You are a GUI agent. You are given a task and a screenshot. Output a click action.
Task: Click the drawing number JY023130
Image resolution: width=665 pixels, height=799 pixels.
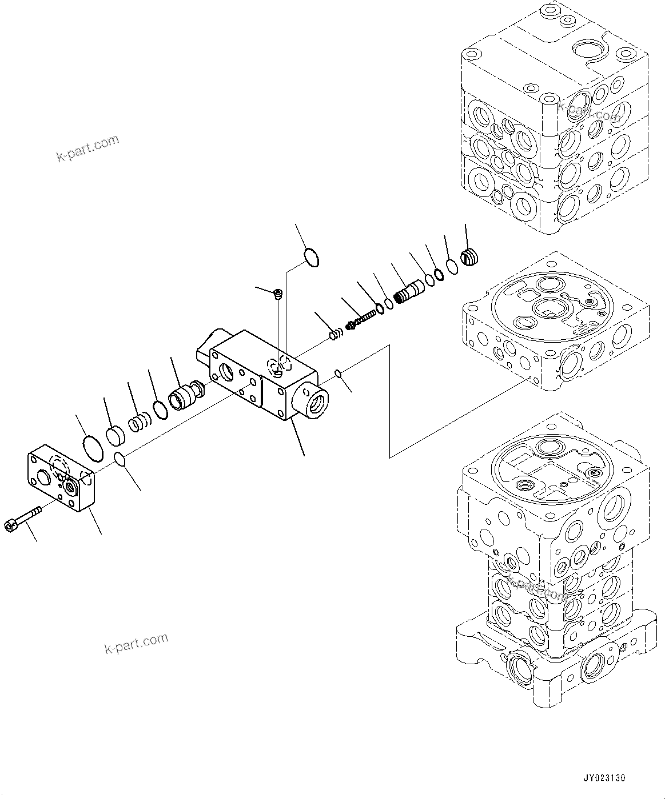pyautogui.click(x=604, y=778)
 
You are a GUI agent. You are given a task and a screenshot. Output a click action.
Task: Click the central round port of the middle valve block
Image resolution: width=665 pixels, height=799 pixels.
pyautogui.click(x=550, y=309)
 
